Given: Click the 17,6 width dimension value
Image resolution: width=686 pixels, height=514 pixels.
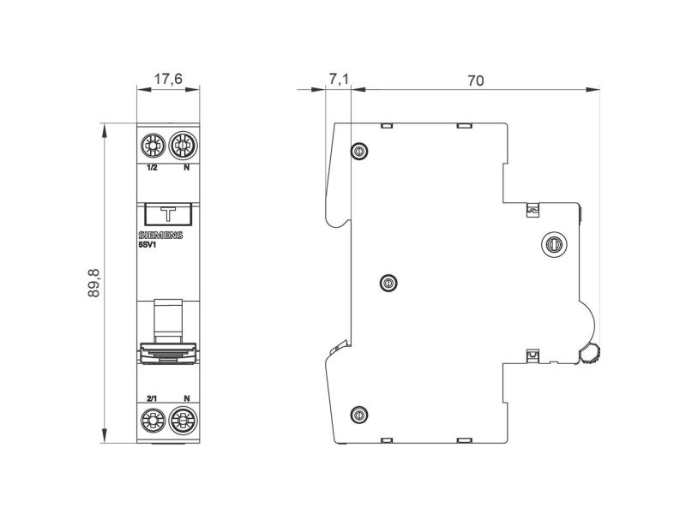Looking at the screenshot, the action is pos(168,79).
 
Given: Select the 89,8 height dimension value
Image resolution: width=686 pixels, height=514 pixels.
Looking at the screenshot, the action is pos(94,284).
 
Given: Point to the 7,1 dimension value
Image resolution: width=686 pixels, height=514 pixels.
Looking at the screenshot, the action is pos(339,79).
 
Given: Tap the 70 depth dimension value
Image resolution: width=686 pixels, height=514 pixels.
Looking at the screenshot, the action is pos(476,81).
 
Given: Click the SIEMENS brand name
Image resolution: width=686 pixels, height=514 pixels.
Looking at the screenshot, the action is pos(160,235).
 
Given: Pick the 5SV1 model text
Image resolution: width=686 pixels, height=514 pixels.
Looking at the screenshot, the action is pos(147,245).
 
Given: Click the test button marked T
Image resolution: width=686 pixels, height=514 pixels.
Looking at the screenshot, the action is pos(168,215).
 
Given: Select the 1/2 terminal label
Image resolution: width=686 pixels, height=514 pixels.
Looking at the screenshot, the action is pos(152,167).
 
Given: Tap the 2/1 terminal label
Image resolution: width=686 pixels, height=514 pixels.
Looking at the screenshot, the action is pos(152,398).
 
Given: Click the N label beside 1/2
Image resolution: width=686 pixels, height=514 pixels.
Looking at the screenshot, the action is pos(186,167).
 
